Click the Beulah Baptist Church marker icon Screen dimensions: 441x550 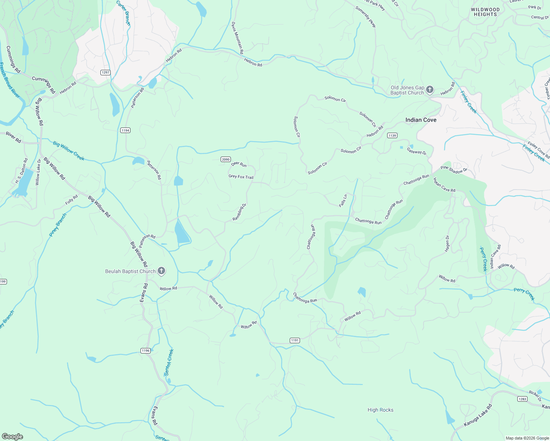click(161, 271)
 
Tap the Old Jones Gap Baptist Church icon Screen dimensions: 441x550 click(430, 90)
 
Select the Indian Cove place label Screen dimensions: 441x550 click(421, 120)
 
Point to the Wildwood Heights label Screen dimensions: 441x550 click(485, 12)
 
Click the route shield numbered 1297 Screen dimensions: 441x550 click(106, 72)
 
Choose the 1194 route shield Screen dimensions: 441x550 click(125, 130)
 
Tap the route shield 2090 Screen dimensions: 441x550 click(226, 159)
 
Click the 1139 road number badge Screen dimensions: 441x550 click(392, 136)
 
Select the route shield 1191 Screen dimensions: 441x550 click(295, 340)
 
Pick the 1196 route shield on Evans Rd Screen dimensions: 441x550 click(146, 351)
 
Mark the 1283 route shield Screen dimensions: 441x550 click(522, 399)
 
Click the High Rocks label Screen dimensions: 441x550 click(380, 410)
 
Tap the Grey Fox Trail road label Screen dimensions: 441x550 click(241, 177)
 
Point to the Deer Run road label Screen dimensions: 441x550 click(239, 164)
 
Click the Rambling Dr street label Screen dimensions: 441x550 click(239, 212)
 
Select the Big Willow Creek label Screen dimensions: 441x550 click(69, 151)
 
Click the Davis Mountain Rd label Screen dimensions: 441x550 click(238, 38)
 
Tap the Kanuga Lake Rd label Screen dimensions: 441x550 click(478, 416)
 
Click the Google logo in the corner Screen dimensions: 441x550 click(12, 436)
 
